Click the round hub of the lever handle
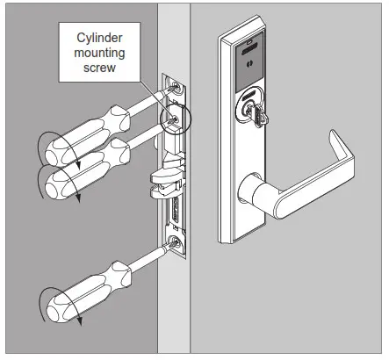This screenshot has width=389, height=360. click(x=250, y=185)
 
